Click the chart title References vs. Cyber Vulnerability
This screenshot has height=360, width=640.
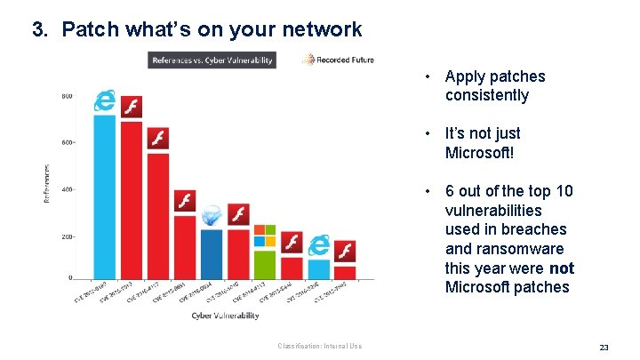pyautogui.click(x=212, y=60)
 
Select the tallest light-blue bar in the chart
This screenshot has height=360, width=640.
pyautogui.click(x=105, y=196)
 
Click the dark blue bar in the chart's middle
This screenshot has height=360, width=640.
pyautogui.click(x=212, y=253)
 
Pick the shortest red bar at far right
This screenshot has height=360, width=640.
pyautogui.click(x=345, y=271)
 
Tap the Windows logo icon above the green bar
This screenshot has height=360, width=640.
pyautogui.click(x=265, y=236)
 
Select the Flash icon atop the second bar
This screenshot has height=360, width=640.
pyautogui.click(x=132, y=107)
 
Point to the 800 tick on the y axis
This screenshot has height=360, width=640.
pyautogui.click(x=67, y=96)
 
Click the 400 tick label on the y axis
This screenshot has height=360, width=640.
pyautogui.click(x=67, y=189)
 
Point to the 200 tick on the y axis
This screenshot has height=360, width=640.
pyautogui.click(x=67, y=236)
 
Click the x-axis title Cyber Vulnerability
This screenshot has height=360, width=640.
pyautogui.click(x=225, y=316)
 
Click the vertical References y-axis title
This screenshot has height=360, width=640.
pyautogui.click(x=47, y=182)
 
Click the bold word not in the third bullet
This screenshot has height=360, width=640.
pyautogui.click(x=561, y=268)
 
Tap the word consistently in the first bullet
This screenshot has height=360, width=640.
pyautogui.click(x=486, y=95)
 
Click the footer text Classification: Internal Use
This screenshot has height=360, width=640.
pyautogui.click(x=319, y=346)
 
